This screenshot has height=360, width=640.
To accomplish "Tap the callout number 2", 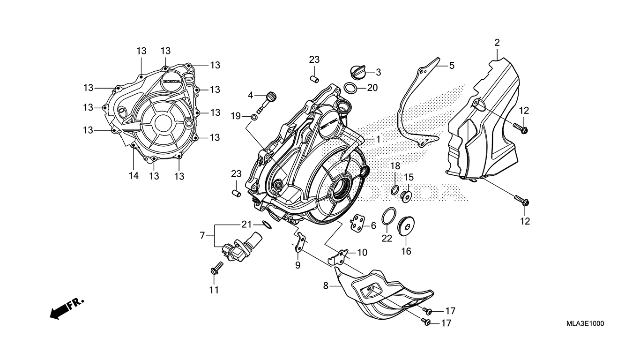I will (x=497, y=43).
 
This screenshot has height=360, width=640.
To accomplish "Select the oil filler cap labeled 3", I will (x=357, y=73).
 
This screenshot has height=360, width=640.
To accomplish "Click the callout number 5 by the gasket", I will (x=451, y=66).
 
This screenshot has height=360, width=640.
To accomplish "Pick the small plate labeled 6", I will (x=359, y=224).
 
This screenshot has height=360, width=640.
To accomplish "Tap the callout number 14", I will (x=134, y=176).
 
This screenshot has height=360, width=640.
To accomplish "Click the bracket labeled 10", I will (x=343, y=255).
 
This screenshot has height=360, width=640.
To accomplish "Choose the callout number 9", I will (x=298, y=265).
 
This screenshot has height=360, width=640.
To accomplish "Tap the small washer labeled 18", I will (x=394, y=189).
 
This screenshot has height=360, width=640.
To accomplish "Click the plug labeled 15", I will (x=406, y=195).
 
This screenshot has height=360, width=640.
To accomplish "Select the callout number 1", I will (x=378, y=140).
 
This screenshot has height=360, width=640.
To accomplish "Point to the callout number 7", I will (x=202, y=235).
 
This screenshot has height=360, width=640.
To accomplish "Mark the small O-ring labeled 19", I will (x=253, y=116).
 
